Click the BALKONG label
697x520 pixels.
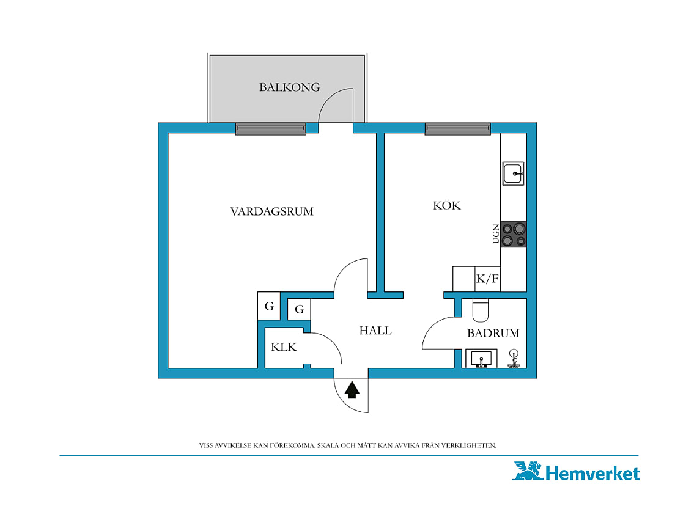289,87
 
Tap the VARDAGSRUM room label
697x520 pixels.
271,211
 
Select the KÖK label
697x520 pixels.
447,205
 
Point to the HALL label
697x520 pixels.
375,330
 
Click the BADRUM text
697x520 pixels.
493,333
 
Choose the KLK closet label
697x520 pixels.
284,346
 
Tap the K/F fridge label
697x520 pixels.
487,279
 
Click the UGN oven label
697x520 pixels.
496,234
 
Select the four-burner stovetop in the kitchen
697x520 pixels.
514,234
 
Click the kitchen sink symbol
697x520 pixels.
514,174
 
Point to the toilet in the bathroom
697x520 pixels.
480,310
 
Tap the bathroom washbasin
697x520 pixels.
481,359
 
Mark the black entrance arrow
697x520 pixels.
352,390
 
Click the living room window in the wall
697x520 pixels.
271,129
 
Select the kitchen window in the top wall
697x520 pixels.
458,129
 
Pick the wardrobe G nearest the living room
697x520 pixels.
269,306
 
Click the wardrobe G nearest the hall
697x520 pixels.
299,309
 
